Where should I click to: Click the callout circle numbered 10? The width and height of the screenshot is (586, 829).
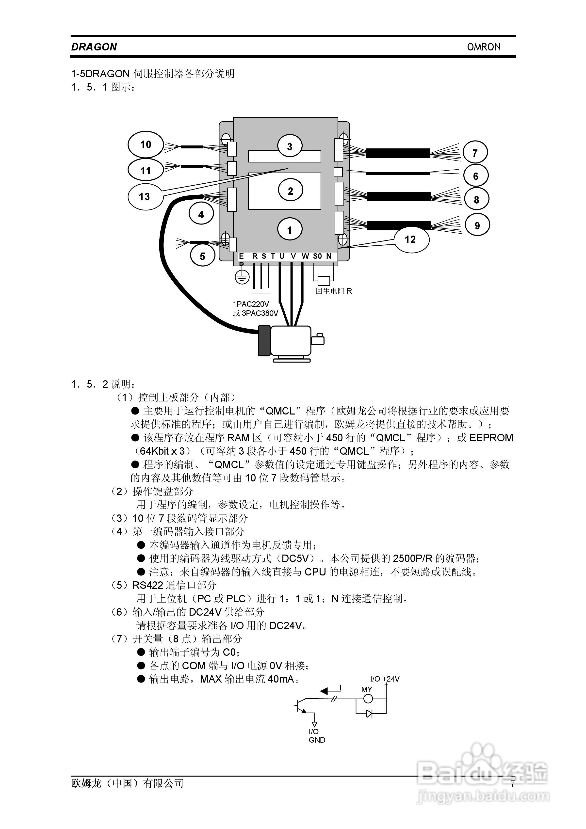pos(146,144)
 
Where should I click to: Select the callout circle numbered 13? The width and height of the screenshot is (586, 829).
pos(145,196)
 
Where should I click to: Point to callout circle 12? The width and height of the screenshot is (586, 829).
pos(411,239)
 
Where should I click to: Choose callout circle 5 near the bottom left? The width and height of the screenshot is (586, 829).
pos(202,256)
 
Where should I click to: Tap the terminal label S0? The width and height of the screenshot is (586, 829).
pos(317,256)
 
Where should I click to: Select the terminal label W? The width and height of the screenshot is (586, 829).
pos(305,256)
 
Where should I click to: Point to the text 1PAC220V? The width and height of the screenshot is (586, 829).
pos(251,304)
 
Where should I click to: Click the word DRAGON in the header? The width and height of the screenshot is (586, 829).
pos(94,47)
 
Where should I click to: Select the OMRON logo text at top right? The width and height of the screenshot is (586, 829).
pos(484,47)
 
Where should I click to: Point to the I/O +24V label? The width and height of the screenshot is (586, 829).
pos(385,679)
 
